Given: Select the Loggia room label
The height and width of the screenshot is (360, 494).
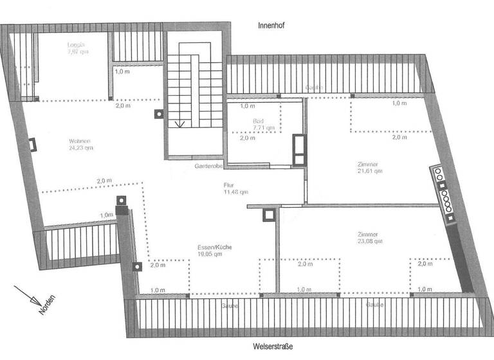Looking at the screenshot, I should click(x=77, y=45).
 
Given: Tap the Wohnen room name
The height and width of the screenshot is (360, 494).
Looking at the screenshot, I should click(x=80, y=141).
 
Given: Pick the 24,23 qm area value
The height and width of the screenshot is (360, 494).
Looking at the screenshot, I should click(x=80, y=148).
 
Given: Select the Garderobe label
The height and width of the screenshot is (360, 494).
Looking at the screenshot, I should click(x=208, y=166).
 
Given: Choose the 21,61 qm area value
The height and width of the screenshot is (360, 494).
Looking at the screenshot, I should click(x=369, y=172).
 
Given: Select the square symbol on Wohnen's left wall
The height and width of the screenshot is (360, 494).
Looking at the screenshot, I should click(x=31, y=144).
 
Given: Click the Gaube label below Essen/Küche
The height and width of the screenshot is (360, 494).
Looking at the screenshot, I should click(x=230, y=306).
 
